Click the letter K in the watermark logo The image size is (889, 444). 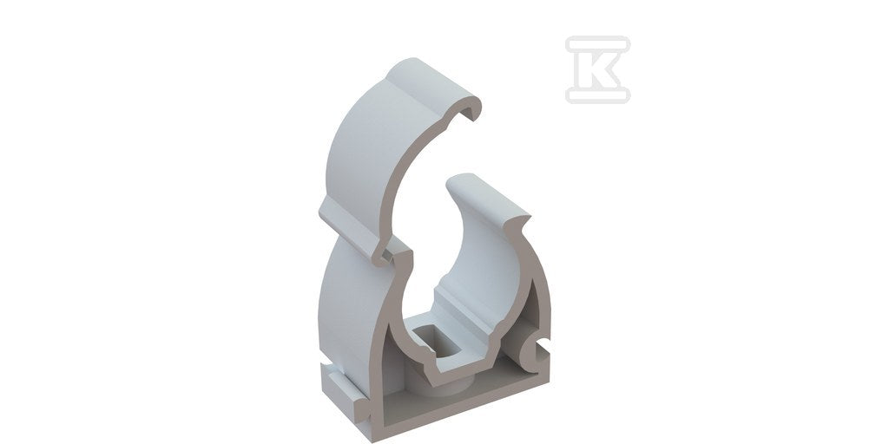point(597,69)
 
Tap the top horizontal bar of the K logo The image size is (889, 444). point(597,44)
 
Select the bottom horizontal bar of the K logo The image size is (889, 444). point(597,95)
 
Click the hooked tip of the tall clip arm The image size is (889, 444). point(471,110)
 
